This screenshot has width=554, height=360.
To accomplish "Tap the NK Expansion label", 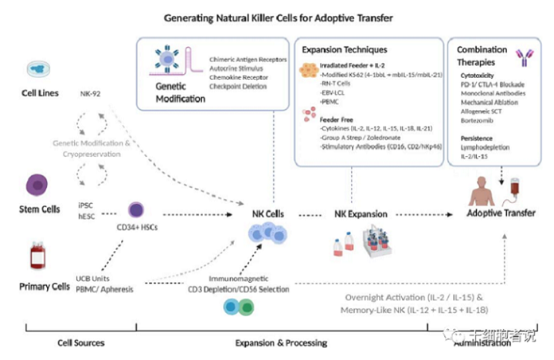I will [360, 214].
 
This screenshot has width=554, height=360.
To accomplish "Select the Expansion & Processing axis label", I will [281, 342].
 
